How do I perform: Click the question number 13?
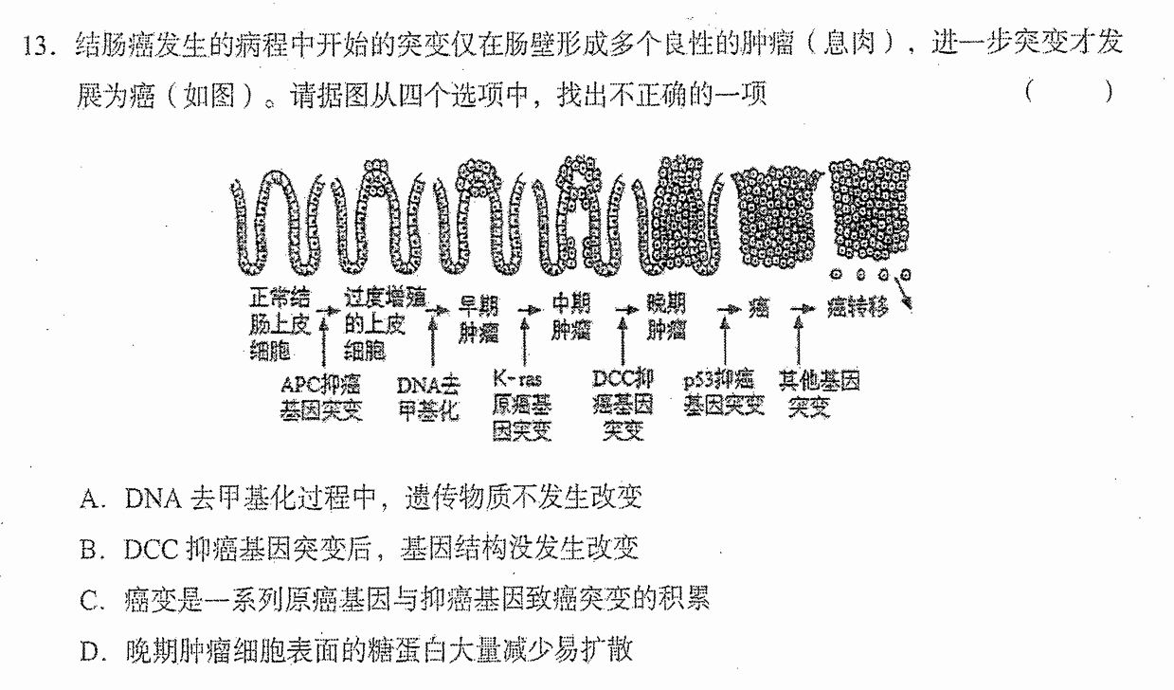(38, 45)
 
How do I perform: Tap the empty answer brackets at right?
(1069, 92)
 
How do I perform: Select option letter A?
(90, 499)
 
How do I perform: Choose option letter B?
(89, 550)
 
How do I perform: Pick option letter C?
(89, 600)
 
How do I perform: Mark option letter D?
(90, 651)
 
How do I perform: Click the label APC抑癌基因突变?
(321, 398)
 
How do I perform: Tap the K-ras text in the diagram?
(517, 379)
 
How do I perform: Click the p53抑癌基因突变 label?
(723, 392)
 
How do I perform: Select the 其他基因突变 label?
(819, 392)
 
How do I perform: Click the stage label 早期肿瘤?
(478, 319)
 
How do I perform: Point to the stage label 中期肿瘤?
(571, 317)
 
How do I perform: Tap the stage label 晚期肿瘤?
(666, 317)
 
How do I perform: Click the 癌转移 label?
(858, 307)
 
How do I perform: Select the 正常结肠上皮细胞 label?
(280, 324)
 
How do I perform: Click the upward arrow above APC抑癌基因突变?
(323, 342)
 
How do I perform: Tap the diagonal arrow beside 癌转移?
(904, 294)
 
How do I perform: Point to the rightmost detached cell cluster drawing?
(870, 209)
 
